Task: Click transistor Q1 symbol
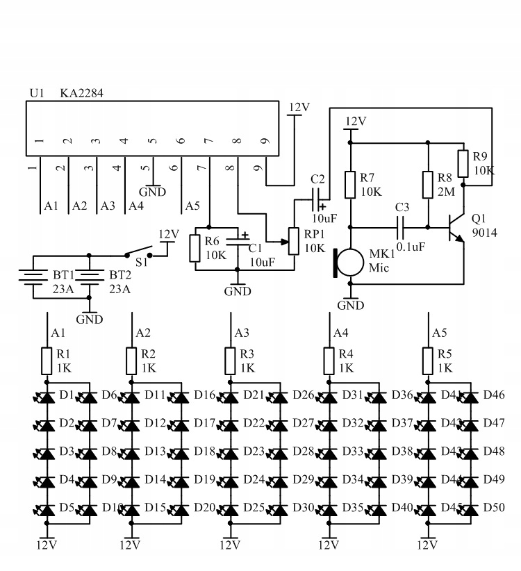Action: [x=454, y=228]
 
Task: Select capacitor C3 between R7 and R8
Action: [x=402, y=226]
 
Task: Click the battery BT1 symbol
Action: [x=31, y=274]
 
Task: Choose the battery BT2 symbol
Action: [x=88, y=274]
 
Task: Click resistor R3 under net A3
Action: [x=230, y=361]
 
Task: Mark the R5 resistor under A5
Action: [x=427, y=361]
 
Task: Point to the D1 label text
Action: [x=67, y=395]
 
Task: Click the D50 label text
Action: [x=494, y=508]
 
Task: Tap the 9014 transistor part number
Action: [x=484, y=233]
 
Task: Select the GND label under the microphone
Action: [x=350, y=305]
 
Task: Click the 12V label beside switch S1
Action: [x=169, y=235]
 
